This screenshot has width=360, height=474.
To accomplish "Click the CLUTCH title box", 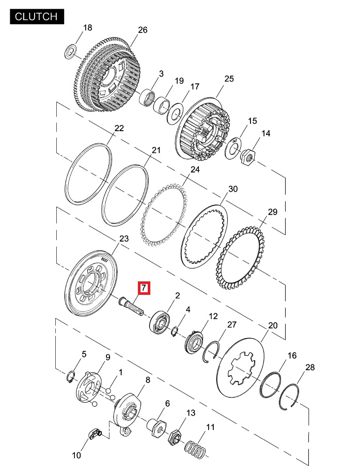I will coord(36,16).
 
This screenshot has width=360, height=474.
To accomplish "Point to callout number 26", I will coord(143,30).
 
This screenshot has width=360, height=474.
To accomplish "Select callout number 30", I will coord(233,189).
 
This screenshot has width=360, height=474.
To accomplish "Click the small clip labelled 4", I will coord(176,331).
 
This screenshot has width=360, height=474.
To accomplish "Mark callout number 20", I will coord(273,326).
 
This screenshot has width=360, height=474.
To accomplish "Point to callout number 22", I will coord(119,129).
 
